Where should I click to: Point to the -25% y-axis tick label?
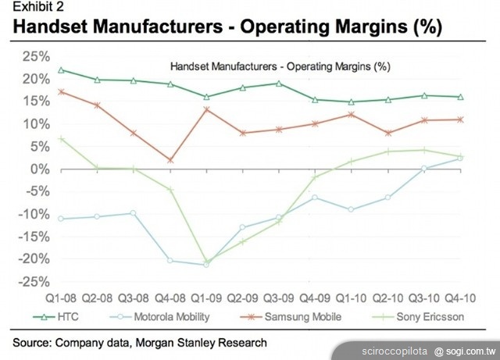tap(34, 282)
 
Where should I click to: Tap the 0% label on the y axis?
tap(40, 169)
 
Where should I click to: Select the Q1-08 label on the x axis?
tap(60, 298)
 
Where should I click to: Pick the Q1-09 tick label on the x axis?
tap(206, 298)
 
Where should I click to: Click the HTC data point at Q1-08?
tap(61, 70)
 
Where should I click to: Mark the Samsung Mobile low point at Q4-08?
tap(170, 160)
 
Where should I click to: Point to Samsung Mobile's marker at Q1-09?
tap(206, 109)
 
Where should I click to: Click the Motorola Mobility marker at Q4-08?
tap(170, 260)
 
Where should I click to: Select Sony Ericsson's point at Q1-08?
tap(61, 138)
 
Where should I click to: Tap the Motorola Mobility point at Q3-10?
tap(424, 168)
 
